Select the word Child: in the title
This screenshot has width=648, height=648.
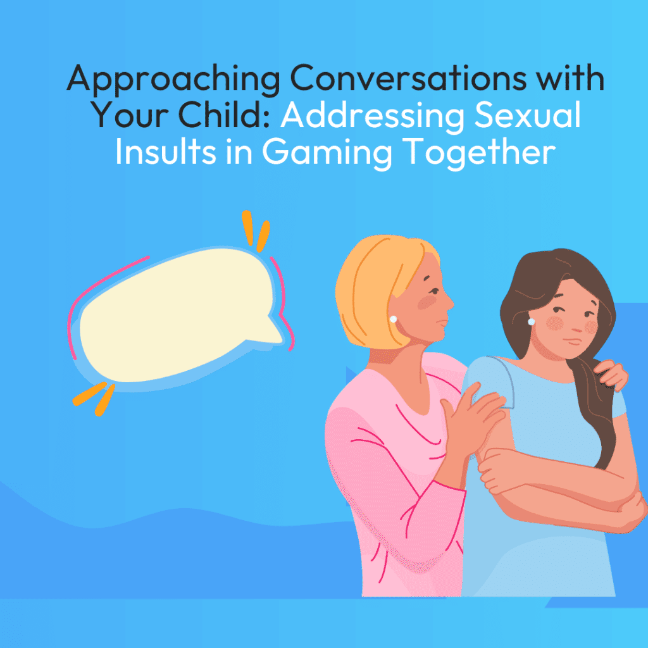[x=225, y=115]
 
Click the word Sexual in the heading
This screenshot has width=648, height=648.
[x=528, y=115]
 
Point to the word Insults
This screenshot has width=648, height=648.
[x=166, y=151]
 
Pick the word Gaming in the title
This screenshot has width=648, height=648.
[x=327, y=154]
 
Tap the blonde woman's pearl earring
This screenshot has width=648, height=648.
[x=394, y=319]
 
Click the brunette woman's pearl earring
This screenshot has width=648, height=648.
[x=532, y=321]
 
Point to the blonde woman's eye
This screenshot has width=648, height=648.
[x=433, y=291]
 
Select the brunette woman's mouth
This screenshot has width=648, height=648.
[x=572, y=341]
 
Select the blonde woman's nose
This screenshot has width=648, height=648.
[x=450, y=303]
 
